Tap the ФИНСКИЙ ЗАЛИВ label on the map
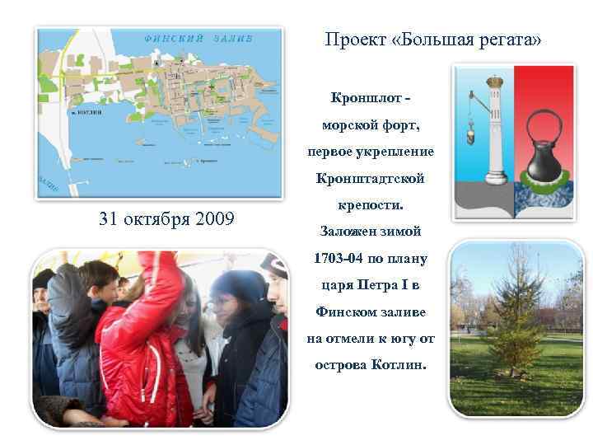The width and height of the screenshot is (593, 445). coord(198,38)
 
